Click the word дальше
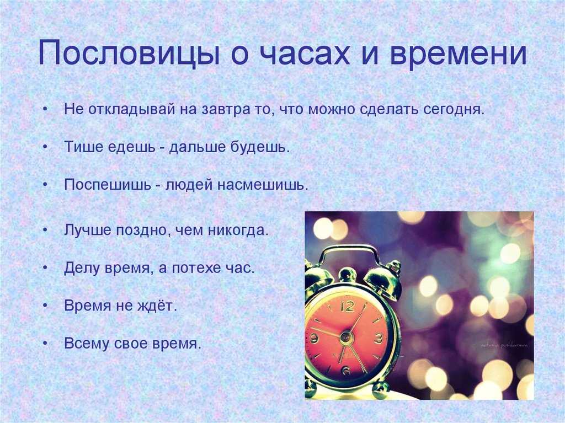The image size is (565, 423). coord(197,147)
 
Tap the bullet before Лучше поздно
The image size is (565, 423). coord(45,230)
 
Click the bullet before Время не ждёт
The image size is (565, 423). coord(45,306)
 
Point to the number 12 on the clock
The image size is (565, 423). coord(347,306)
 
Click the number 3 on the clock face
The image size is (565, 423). coord(379,338)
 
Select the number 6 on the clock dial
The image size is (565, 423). coord(346,371)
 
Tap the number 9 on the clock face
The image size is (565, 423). coord(314,339)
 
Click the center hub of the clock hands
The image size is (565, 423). coord(346,338)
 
